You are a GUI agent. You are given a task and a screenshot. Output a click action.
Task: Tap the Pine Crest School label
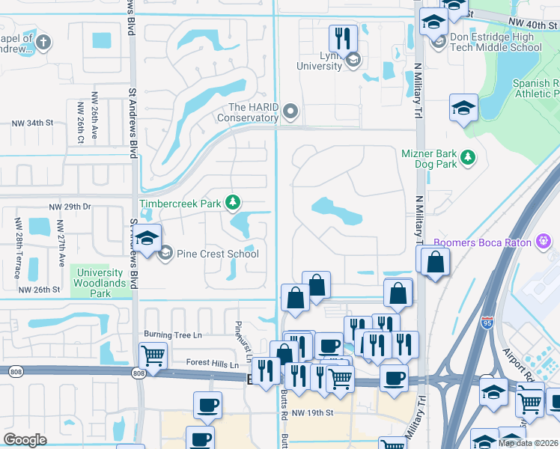pos(218,254)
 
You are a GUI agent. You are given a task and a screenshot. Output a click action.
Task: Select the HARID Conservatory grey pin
pos(290,112)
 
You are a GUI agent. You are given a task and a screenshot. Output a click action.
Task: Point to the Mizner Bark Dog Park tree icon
pos(468,156)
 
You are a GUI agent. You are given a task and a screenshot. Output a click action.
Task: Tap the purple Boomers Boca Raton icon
pos(544,242)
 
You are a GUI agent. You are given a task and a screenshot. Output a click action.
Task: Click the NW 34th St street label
pos(33,123)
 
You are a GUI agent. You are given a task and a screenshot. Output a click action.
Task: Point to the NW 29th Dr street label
pos(70,207)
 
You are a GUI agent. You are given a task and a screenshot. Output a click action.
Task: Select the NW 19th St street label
pos(312,412)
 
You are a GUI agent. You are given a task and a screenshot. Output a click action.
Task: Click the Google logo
pos(25,439)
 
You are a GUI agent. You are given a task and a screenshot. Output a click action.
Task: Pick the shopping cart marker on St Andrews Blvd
pos(153,355)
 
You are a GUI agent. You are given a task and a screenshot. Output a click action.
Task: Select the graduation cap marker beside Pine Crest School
pos(148,239)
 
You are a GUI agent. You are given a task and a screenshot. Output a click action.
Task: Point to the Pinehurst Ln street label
pos(240,338)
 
